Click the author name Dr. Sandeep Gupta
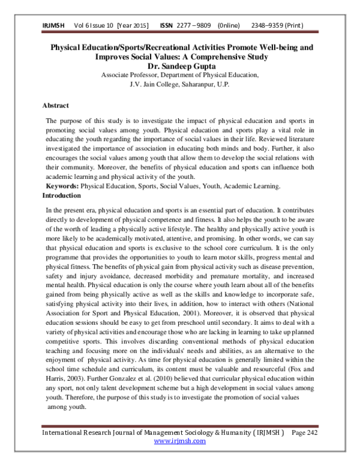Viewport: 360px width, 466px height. click(x=179, y=66)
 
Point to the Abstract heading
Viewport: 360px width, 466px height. click(x=55, y=105)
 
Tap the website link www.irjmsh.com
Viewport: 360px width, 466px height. click(x=179, y=440)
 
